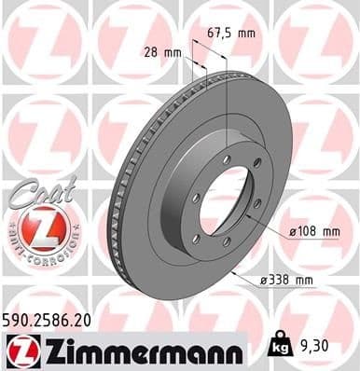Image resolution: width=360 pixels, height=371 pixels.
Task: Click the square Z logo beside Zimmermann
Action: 19,350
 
